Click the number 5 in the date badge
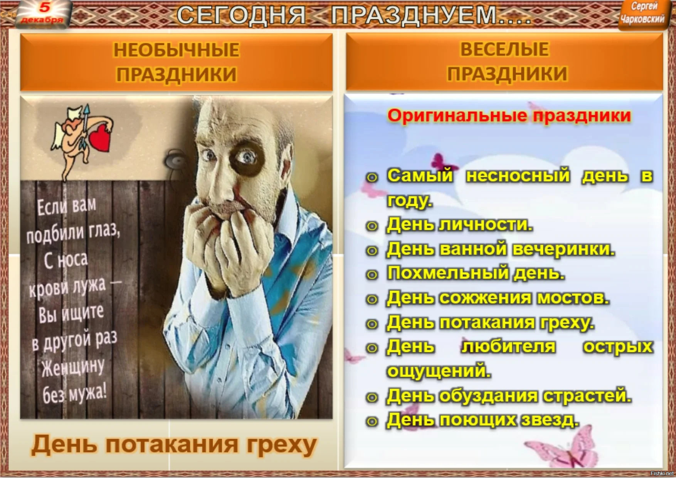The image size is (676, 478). tap(45, 8)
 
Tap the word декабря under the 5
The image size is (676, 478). tap(42, 20)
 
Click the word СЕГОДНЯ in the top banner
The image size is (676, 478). tap(241, 16)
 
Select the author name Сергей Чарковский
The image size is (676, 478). tap(642, 13)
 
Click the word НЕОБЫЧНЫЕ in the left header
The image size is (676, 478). tap(177, 50)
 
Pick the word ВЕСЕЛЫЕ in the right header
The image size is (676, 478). tap(504, 49)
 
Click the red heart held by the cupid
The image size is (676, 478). tap(100, 137)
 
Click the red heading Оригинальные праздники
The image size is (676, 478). tap(509, 116)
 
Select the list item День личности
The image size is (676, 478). tap(459, 224)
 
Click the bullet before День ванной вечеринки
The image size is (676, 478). tap(372, 251)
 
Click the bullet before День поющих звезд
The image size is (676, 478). tap(372, 421)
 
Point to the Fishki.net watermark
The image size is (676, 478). tap(662, 473)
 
